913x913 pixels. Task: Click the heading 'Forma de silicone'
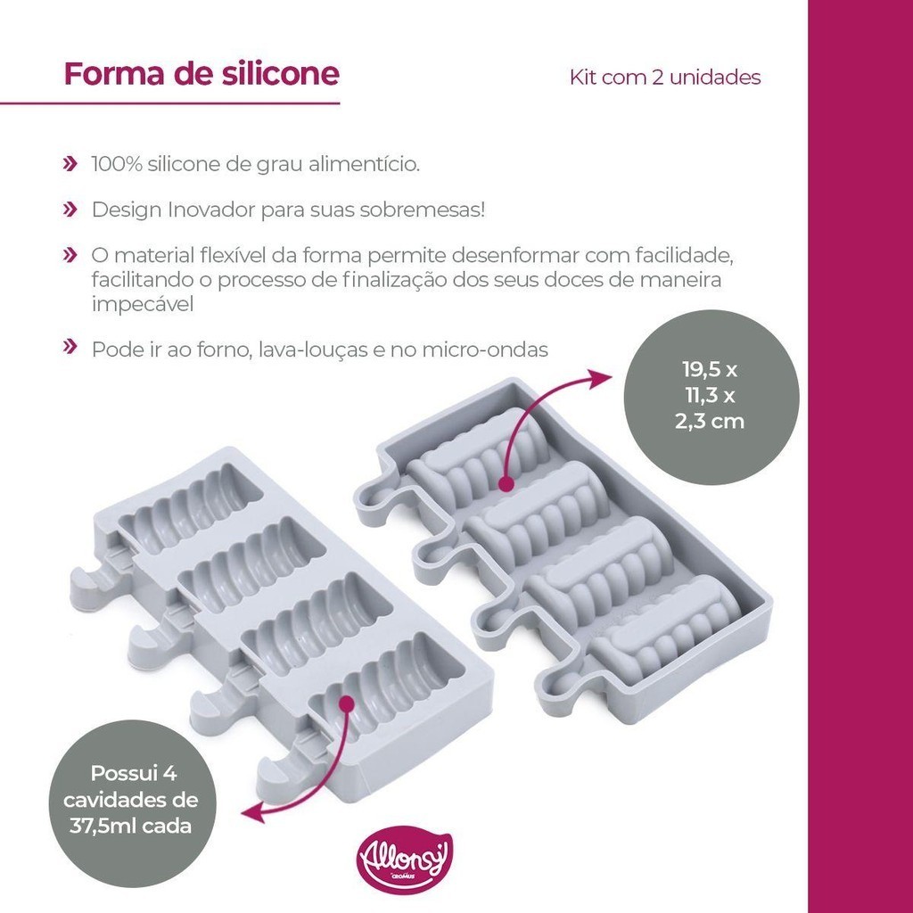(x=202, y=73)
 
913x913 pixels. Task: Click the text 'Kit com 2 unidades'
(x=665, y=78)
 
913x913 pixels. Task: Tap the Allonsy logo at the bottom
(x=404, y=860)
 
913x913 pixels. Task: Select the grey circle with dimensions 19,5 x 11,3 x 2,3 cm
(x=711, y=397)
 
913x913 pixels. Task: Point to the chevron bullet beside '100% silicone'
(x=70, y=164)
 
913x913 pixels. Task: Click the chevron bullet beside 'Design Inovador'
(x=70, y=210)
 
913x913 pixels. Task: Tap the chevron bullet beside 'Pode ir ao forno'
(x=70, y=347)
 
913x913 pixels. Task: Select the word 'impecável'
(x=142, y=305)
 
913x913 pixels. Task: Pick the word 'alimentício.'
(x=365, y=164)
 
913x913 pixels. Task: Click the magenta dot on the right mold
(x=506, y=482)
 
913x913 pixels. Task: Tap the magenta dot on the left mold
(x=347, y=703)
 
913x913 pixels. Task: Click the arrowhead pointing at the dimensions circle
(x=600, y=378)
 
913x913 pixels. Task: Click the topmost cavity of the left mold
(x=191, y=507)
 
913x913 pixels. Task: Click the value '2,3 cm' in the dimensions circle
(x=710, y=421)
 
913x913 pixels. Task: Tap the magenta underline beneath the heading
(x=170, y=103)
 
